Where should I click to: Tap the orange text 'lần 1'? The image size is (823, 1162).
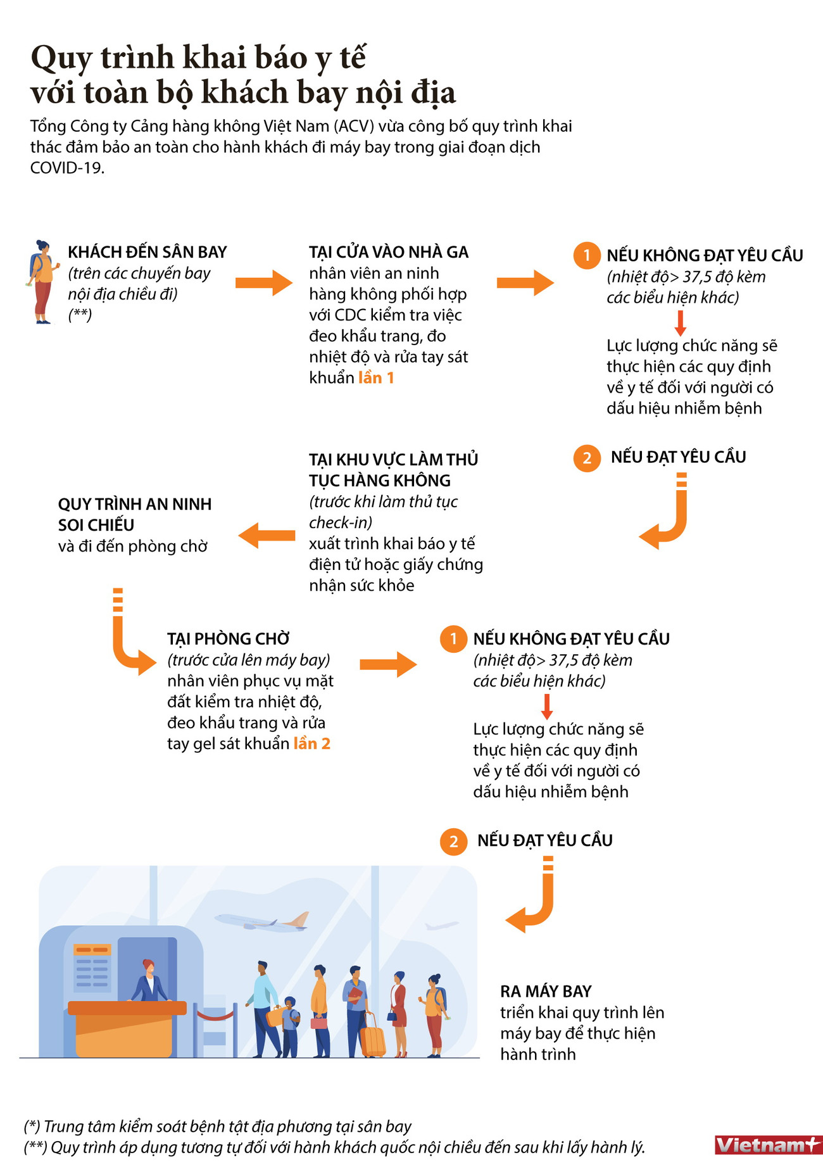376,378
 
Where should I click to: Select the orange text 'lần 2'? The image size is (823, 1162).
311,743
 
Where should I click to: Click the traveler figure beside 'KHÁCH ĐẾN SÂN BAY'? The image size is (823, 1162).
42,282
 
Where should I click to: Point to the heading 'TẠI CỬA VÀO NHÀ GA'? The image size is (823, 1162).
389,252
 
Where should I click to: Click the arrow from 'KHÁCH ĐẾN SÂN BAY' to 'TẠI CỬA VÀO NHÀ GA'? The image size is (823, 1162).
263,282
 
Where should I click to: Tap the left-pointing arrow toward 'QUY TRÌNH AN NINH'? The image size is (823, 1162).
267,536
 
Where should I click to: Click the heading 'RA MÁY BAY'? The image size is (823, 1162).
546,991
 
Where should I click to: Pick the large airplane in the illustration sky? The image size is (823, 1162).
263,921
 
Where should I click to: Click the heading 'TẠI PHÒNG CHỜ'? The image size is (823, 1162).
229,638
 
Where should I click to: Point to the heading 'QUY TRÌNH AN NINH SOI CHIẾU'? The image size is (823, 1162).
135,514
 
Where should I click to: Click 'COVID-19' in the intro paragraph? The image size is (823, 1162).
66,168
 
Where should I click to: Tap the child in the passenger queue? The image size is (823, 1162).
290,1026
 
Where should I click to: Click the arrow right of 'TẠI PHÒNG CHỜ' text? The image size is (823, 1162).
387,664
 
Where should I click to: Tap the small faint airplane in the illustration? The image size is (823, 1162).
441,926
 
